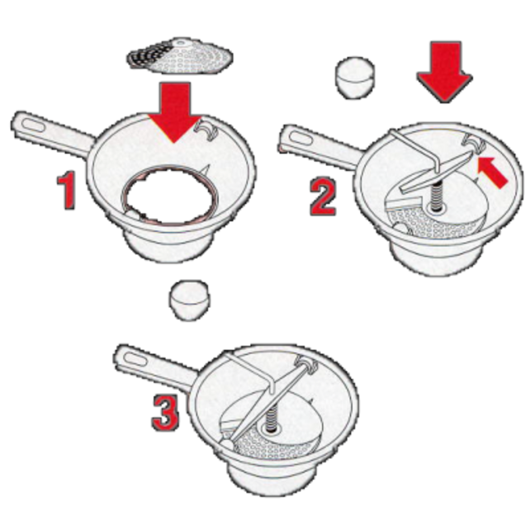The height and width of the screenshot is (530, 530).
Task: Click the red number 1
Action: pos(69,191)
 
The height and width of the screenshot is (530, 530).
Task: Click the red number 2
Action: pos(323,196)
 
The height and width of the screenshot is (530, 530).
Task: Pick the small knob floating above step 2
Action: pos(356,78)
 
